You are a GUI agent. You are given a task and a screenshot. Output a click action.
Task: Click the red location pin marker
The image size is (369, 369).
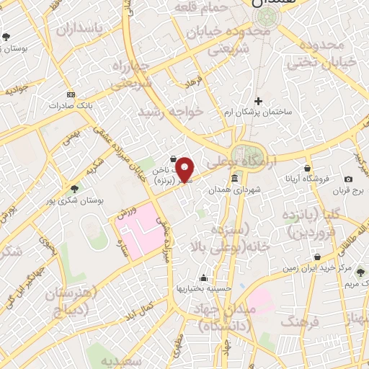[x=184, y=169]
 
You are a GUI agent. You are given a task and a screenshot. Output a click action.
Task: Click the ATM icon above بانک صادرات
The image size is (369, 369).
[x=70, y=94]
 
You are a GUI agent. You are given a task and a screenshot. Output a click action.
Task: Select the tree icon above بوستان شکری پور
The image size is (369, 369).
[x=74, y=189]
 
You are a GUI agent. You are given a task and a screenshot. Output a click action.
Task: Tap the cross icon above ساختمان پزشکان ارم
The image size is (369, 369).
[x=258, y=101]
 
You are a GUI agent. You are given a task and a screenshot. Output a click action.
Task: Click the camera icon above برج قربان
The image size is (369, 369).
[x=349, y=179]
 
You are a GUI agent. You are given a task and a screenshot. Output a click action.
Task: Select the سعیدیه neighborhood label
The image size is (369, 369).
[x=117, y=358]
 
